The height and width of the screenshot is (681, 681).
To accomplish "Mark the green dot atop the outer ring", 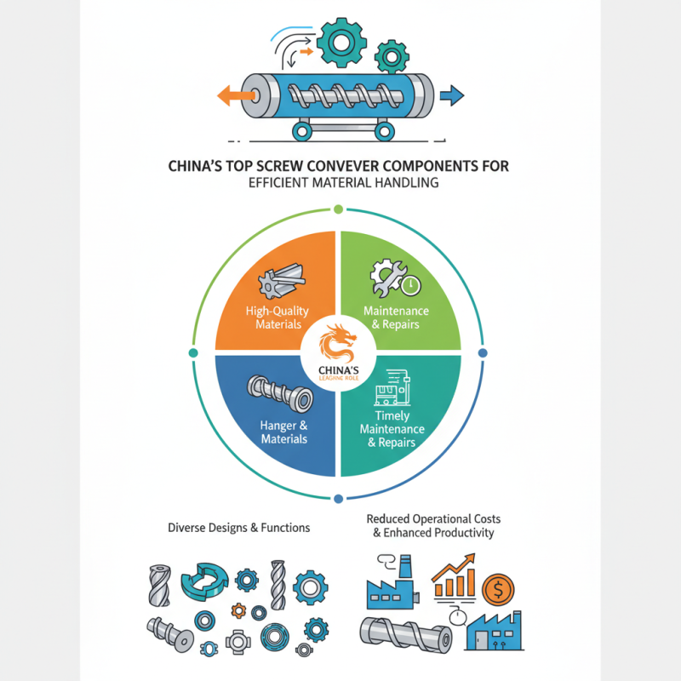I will click(338, 208).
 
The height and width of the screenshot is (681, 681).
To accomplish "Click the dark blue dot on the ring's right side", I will click(483, 352).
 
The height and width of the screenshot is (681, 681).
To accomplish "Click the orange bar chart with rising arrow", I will click(452, 578).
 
